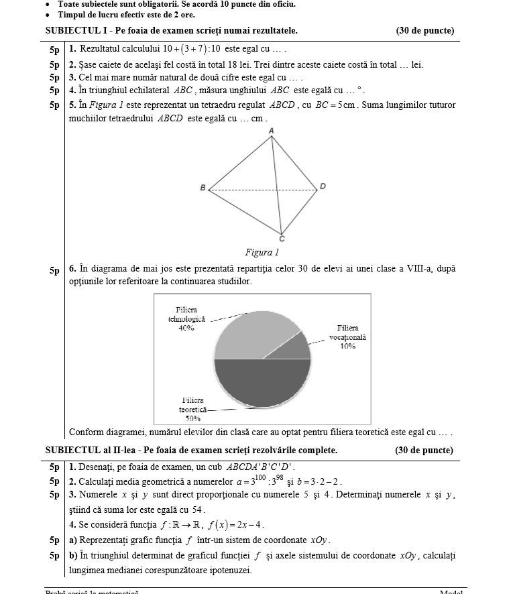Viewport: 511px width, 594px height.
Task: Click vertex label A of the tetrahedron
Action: click(272, 130)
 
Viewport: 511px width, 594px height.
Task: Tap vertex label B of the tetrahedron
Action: click(203, 188)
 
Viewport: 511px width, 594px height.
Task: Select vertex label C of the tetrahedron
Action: click(282, 239)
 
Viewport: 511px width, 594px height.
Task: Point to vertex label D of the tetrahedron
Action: click(323, 186)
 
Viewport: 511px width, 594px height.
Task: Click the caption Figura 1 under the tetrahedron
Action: click(262, 253)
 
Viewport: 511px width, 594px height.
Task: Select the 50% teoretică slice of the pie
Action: click(262, 382)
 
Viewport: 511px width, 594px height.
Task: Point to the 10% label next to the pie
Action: click(347, 347)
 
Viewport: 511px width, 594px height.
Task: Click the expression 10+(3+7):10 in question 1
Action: click(192, 49)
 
